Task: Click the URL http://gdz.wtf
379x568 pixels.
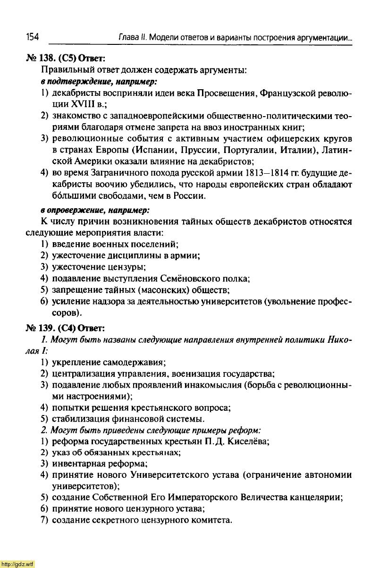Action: coord(17,564)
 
